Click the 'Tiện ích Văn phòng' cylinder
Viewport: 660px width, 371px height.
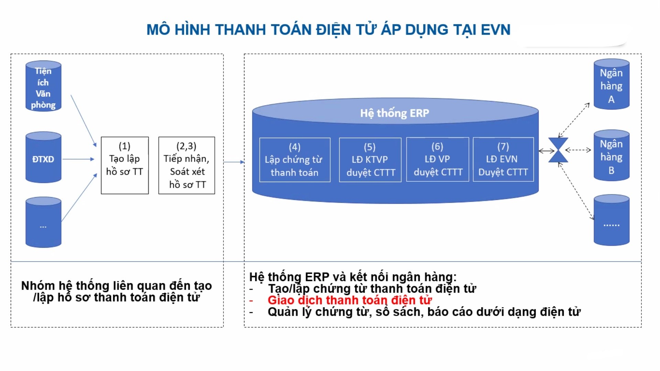tap(43, 86)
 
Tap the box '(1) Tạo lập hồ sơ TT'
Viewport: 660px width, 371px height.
tap(125, 165)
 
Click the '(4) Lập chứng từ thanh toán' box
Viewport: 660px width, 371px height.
tap(295, 160)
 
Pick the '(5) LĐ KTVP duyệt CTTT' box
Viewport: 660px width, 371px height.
tap(370, 160)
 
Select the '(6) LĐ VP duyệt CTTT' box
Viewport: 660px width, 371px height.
tap(438, 159)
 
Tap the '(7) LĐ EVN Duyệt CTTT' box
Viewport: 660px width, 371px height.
tap(503, 159)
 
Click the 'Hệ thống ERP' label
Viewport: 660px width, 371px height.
tap(395, 113)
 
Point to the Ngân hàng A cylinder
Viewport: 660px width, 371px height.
tap(612, 84)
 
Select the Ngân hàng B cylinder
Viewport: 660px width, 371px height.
tap(612, 155)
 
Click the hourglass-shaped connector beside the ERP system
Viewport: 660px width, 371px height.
tap(558, 150)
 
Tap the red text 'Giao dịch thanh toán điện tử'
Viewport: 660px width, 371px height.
tap(350, 300)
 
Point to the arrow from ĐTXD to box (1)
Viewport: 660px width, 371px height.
tap(78, 159)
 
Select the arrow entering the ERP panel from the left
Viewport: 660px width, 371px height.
tap(234, 162)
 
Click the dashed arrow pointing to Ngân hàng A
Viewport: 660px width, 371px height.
tap(574, 120)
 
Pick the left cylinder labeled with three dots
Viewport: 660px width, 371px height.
tap(43, 222)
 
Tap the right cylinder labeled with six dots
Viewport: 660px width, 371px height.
tap(612, 220)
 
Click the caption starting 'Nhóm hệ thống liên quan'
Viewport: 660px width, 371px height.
tap(117, 291)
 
